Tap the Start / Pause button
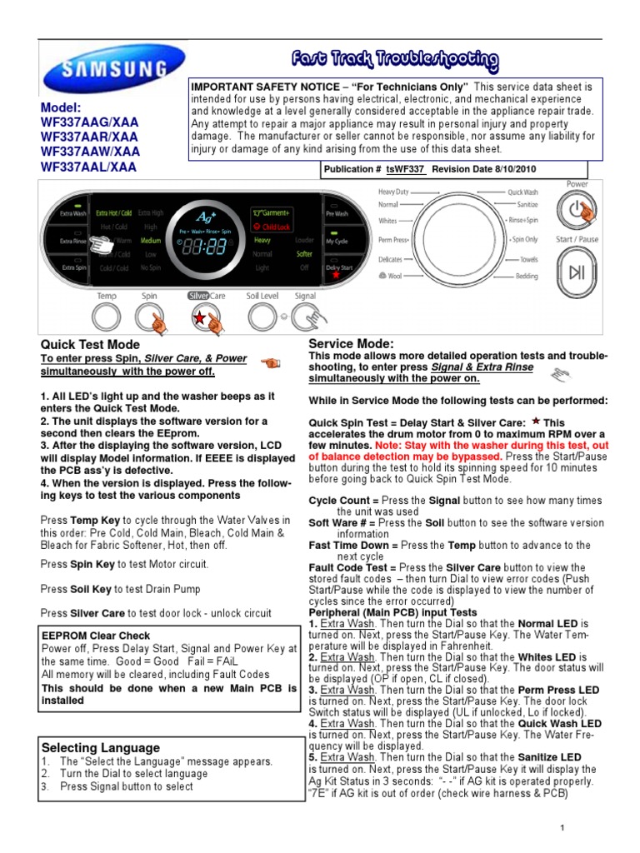click(577, 272)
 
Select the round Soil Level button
click(262, 317)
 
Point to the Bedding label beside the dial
click(526, 276)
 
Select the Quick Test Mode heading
click(90, 345)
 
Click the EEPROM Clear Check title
click(97, 636)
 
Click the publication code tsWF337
click(406, 169)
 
